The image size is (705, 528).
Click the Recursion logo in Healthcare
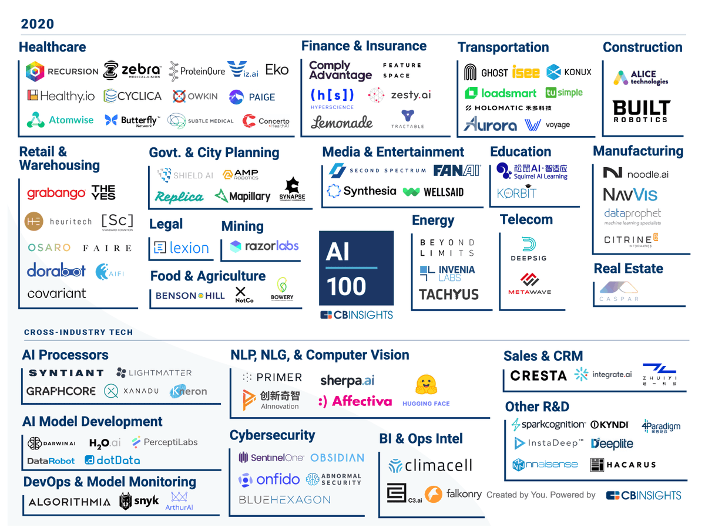tap(62, 72)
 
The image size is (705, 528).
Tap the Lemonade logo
tap(341, 122)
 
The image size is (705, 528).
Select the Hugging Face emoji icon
tap(426, 385)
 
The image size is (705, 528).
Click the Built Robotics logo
tap(641, 111)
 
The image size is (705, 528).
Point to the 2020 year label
tap(38, 24)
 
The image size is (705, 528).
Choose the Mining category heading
tap(242, 226)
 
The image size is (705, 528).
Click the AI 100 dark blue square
tap(355, 268)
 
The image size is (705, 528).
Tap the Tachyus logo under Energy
tap(449, 295)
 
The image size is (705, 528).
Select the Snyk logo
tap(139, 501)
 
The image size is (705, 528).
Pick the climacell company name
tap(430, 466)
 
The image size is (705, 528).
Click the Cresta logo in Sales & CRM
tap(538, 375)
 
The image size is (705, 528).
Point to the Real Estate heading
tap(628, 269)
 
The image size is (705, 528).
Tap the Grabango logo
tap(56, 193)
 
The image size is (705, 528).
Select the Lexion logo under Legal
tap(181, 248)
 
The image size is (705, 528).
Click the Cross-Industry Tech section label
tap(79, 332)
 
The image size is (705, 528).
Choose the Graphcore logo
tap(61, 391)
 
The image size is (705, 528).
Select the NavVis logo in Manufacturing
tap(630, 195)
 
